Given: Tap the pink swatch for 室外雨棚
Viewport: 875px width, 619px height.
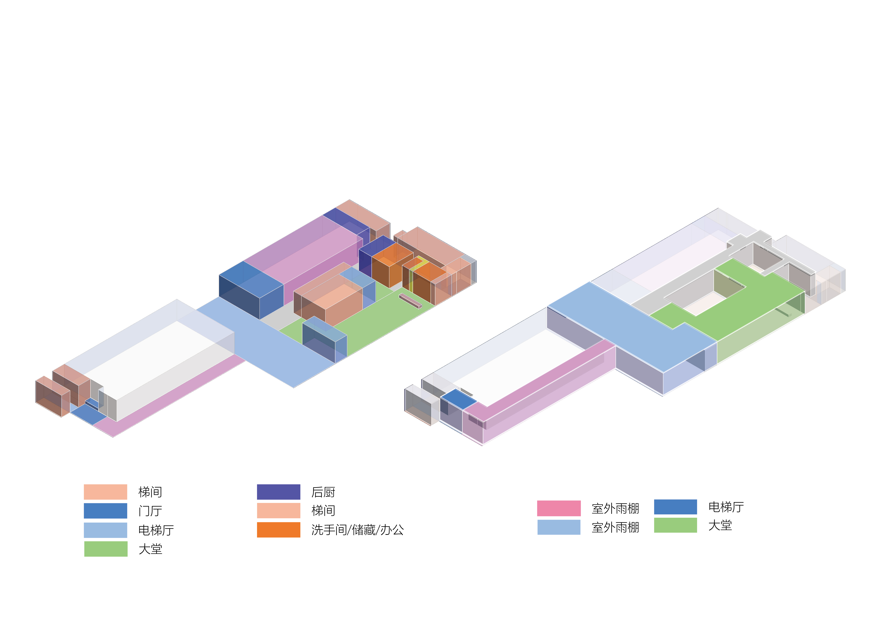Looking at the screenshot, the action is [559, 508].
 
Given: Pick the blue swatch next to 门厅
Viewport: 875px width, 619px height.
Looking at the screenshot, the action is [106, 511].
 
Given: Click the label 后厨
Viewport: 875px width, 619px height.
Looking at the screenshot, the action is [323, 492].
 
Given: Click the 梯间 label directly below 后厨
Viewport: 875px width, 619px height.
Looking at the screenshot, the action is [323, 511].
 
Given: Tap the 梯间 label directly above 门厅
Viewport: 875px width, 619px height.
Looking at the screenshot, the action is [150, 492].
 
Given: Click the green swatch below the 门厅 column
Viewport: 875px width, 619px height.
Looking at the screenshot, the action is [106, 549].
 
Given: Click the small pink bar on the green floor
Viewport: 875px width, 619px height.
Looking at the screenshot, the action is [410, 301].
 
